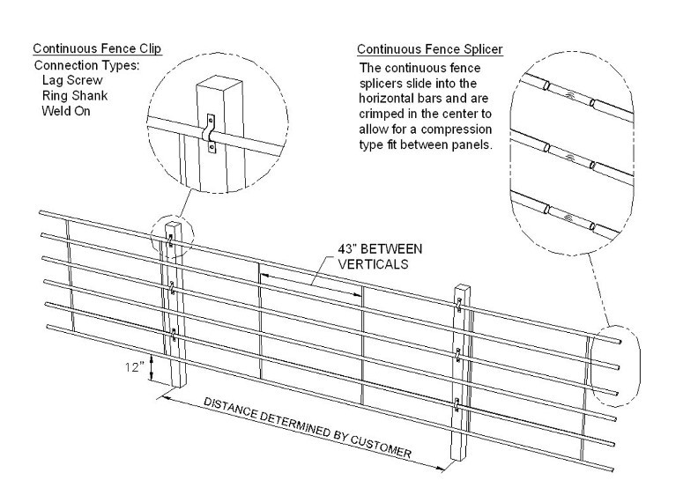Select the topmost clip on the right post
click(x=460, y=306)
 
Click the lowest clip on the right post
click(x=457, y=404)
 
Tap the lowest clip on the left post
click(x=174, y=333)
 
